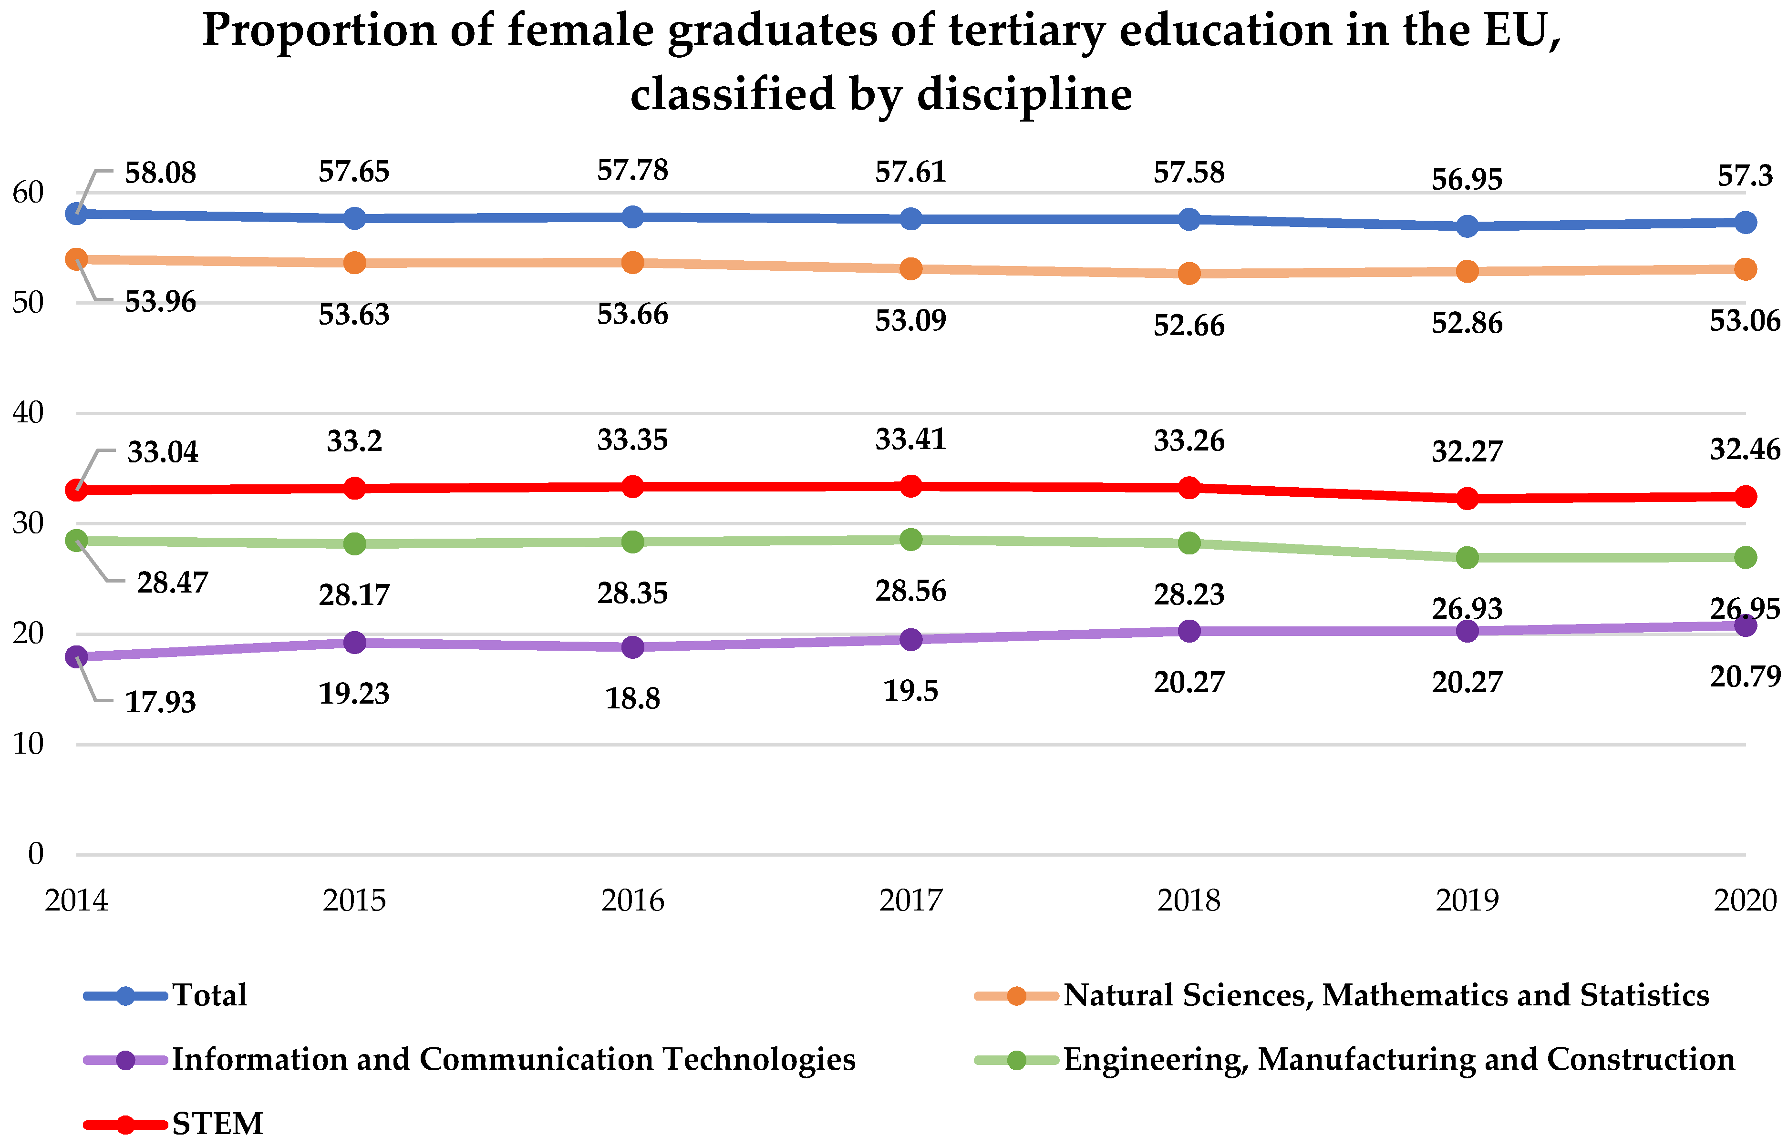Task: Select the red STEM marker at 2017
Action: pyautogui.click(x=910, y=487)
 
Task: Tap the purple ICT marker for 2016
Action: pyautogui.click(x=632, y=647)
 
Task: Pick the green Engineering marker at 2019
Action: pyautogui.click(x=1467, y=557)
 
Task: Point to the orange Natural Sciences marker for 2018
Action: pyautogui.click(x=1189, y=273)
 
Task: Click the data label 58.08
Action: pyautogui.click(x=160, y=174)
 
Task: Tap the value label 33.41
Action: pyautogui.click(x=910, y=440)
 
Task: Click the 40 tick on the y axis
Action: pyautogui.click(x=28, y=412)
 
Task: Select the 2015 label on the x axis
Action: pyautogui.click(x=354, y=901)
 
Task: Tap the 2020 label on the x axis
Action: pyautogui.click(x=1744, y=901)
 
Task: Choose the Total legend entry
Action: pyautogui.click(x=209, y=995)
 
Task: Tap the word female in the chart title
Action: pyautogui.click(x=582, y=31)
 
